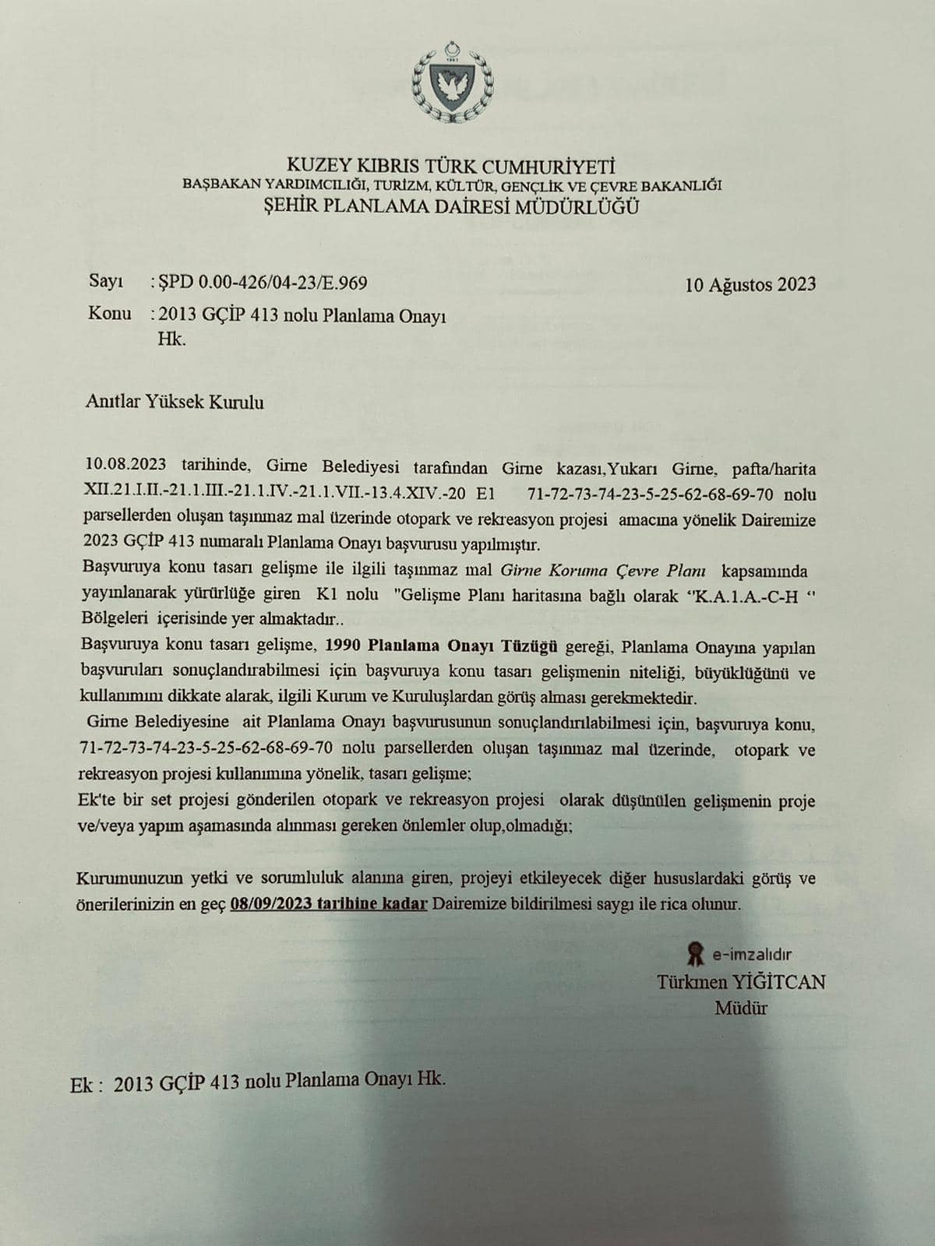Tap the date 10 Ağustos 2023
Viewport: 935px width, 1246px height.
750,284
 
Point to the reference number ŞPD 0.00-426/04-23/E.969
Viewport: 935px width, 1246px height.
262,283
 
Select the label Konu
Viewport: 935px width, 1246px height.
109,314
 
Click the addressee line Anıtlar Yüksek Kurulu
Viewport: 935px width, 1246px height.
175,403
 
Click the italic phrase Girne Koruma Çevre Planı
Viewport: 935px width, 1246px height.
603,569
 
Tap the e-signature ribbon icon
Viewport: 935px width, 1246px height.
693,952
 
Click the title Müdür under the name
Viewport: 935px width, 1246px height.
741,1008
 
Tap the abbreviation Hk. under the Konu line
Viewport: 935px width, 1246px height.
172,340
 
